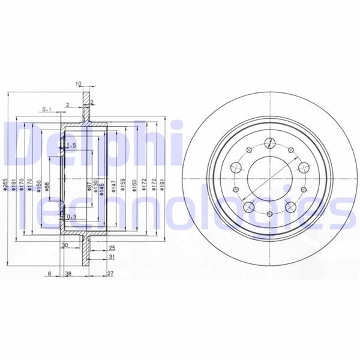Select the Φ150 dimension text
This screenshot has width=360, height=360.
38,184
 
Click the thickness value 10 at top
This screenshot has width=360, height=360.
78,83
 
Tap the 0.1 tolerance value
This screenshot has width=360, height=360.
46,109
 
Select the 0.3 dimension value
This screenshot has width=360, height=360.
71,217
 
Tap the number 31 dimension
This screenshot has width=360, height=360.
112,257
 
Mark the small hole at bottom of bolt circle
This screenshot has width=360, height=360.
270,217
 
